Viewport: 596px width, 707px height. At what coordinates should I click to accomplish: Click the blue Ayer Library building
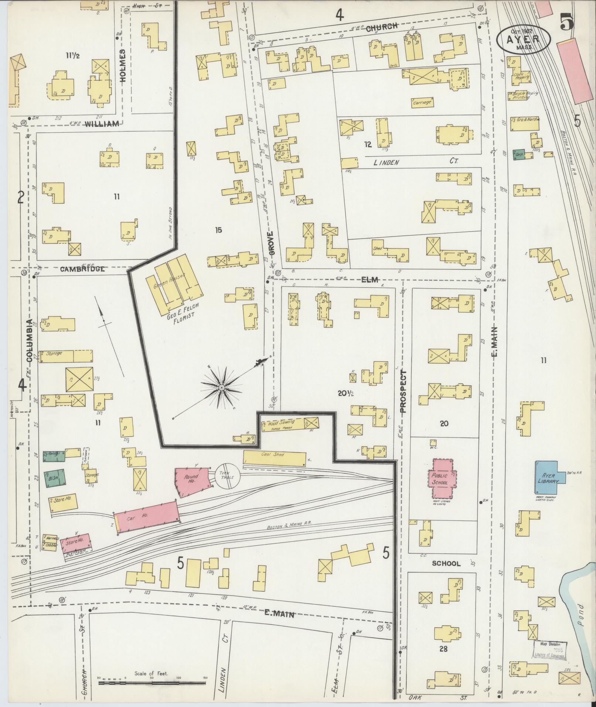pyautogui.click(x=547, y=476)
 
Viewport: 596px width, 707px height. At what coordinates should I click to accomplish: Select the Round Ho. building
pyautogui.click(x=191, y=481)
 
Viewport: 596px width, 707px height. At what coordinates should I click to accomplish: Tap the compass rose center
pyautogui.click(x=221, y=388)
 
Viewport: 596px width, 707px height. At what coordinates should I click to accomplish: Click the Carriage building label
pyautogui.click(x=422, y=102)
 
